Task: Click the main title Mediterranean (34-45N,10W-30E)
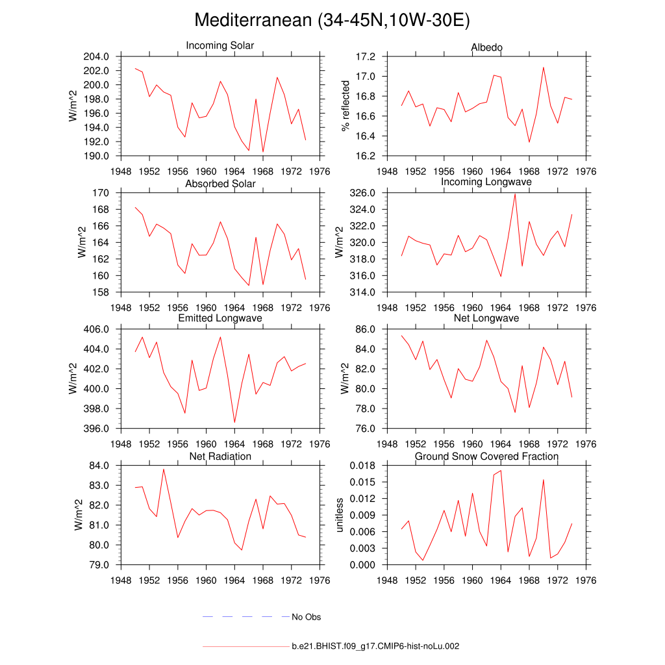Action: point(332,20)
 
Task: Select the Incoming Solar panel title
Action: point(220,46)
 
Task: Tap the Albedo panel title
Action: point(486,47)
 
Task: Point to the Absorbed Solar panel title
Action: point(220,184)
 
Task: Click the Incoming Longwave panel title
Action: point(486,182)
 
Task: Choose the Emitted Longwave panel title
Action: point(220,318)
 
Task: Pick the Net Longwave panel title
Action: point(486,318)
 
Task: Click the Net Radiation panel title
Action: point(220,457)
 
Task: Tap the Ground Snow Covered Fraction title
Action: point(486,457)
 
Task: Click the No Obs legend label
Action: point(307,617)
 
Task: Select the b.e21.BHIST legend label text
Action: point(376,646)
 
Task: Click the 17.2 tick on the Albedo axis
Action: point(366,56)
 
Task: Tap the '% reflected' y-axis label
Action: point(345,106)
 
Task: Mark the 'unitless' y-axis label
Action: point(338,515)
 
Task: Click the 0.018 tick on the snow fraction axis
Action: point(361,466)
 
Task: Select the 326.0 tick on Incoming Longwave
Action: point(363,193)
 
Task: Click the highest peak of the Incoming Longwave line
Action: point(515,194)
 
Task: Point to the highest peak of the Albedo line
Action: point(544,68)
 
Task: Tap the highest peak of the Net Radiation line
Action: point(164,469)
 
